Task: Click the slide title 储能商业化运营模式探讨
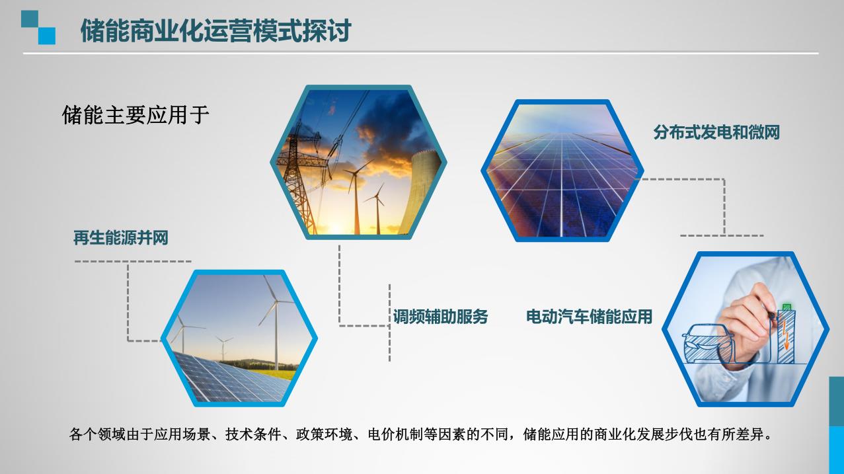click(216, 30)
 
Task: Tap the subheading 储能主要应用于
click(135, 115)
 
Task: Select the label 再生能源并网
click(120, 238)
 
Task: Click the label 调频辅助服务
click(440, 317)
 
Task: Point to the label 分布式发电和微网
click(716, 132)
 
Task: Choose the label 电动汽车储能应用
click(590, 317)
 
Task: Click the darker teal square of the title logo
click(30, 19)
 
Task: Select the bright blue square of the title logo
click(47, 36)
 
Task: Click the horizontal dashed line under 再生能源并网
click(133, 261)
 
